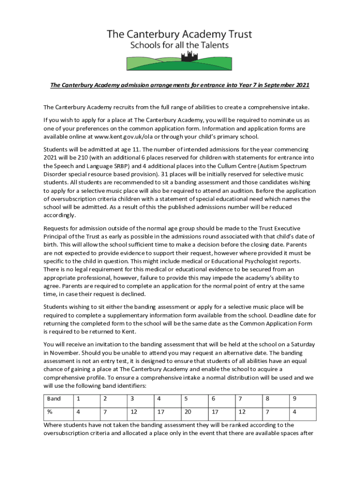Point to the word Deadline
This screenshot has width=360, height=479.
[x=273, y=315]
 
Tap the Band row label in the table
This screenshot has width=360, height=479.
[x=54, y=399]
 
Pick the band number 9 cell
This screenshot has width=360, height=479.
[x=294, y=399]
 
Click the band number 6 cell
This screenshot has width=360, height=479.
[x=213, y=399]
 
